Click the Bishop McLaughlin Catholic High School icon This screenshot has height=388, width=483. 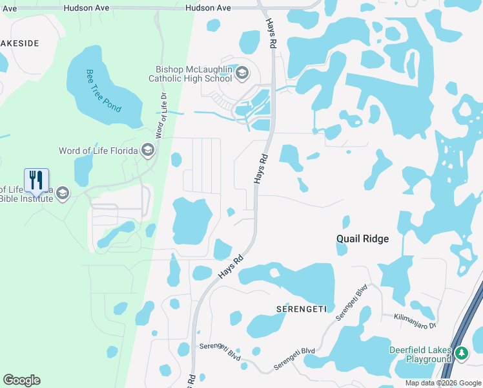[243, 72]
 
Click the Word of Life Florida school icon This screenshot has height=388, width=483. [148, 151]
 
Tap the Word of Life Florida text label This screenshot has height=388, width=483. [98, 151]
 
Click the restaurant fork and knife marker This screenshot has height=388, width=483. [36, 180]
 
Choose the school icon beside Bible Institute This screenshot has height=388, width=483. [63, 193]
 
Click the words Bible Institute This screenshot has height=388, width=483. [27, 199]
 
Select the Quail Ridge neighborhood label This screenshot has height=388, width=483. [362, 239]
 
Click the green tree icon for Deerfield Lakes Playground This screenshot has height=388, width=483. [461, 354]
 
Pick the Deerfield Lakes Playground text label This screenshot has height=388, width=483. [420, 354]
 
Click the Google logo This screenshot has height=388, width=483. [21, 380]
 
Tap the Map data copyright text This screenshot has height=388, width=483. [443, 383]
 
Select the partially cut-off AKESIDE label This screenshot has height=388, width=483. [19, 43]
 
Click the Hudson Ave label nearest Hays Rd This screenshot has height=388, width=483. [208, 8]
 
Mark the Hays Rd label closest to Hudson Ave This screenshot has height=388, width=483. [271, 32]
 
